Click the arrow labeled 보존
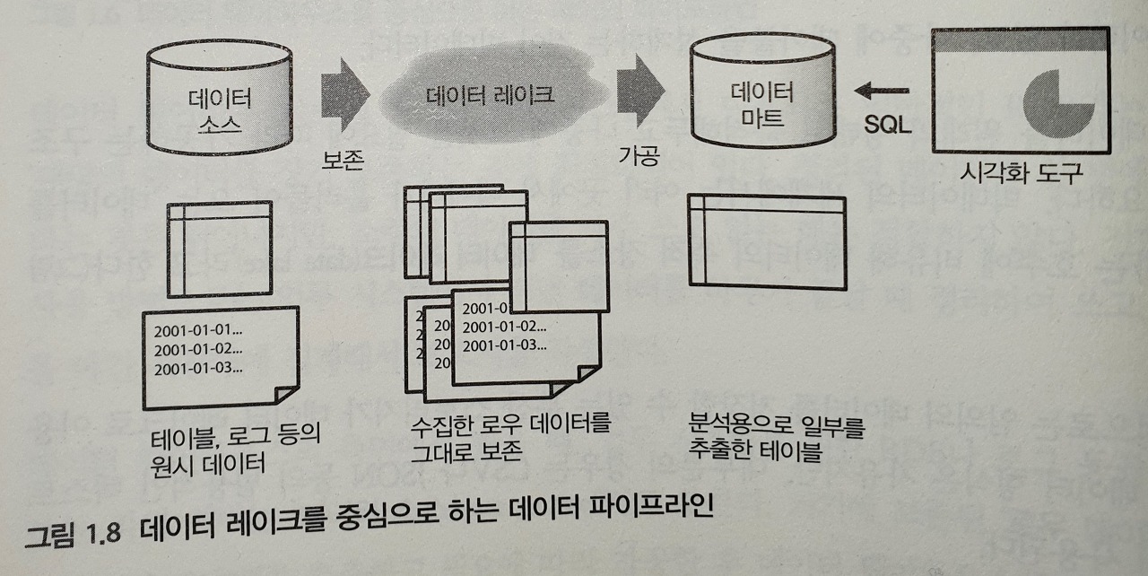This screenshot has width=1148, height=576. (x=345, y=95)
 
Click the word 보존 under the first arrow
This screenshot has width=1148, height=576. (x=344, y=159)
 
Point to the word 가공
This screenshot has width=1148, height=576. (x=639, y=156)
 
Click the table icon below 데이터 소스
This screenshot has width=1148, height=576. (x=219, y=248)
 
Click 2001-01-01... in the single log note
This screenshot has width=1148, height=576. (x=198, y=328)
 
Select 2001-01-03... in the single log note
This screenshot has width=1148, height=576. (x=198, y=368)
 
